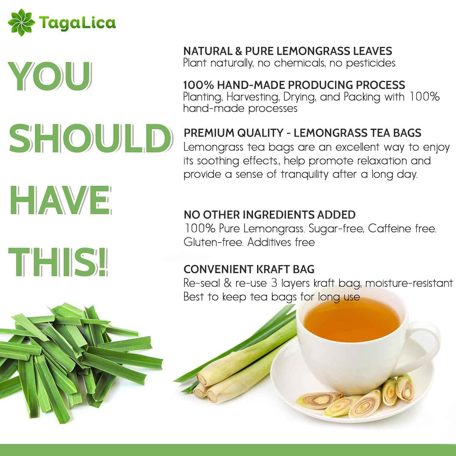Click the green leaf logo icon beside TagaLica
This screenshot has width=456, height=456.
(22, 22)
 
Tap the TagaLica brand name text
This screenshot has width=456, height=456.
(78, 22)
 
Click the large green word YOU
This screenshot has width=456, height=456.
(50, 77)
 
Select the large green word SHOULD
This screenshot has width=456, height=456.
(90, 138)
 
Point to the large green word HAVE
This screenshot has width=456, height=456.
(60, 200)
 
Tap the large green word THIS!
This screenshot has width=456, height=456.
(58, 262)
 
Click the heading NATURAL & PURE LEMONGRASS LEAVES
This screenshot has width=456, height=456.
(287, 51)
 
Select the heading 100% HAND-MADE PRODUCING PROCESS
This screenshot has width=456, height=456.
(294, 85)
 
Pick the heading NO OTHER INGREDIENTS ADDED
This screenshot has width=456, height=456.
(269, 215)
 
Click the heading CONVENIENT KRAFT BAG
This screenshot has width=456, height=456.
(249, 269)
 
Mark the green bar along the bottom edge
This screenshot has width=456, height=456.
(228, 450)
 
